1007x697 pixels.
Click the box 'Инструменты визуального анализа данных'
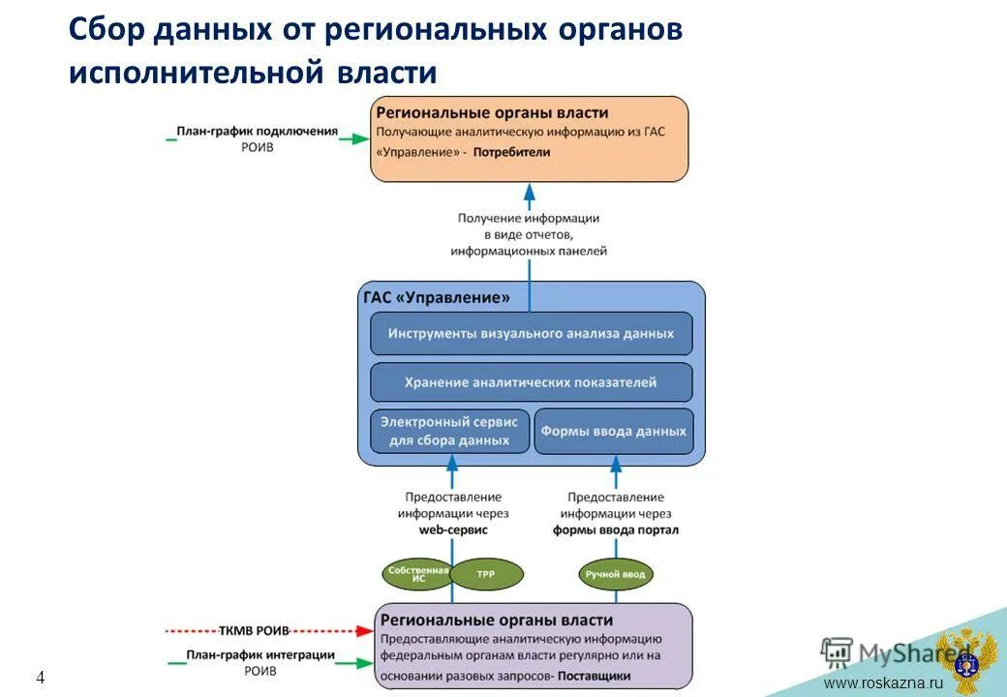click(531, 333)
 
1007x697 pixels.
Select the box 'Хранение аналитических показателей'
click(531, 382)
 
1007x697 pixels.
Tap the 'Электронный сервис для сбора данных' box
click(450, 431)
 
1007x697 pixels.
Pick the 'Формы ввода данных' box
click(614, 432)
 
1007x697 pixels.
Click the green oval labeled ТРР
click(486, 574)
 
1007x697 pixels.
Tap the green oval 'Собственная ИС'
click(418, 573)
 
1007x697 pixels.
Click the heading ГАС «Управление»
click(436, 297)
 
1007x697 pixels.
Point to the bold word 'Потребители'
click(512, 152)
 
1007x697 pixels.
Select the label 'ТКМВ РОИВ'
click(254, 630)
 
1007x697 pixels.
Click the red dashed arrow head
click(364, 630)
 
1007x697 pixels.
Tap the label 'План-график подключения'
click(257, 131)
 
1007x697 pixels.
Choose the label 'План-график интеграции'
click(260, 655)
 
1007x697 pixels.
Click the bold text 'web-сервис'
click(453, 530)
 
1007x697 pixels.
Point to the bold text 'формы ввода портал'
click(616, 530)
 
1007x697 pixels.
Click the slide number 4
click(41, 678)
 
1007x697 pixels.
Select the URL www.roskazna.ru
click(882, 683)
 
